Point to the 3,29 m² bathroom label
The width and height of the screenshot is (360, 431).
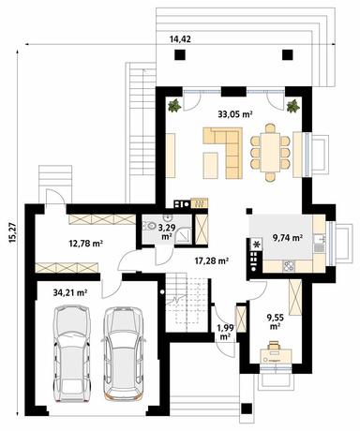[x=166, y=231]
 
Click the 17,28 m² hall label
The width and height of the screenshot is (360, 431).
[x=212, y=261]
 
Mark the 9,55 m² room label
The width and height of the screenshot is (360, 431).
[x=277, y=322]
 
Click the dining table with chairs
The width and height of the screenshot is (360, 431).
[x=273, y=150]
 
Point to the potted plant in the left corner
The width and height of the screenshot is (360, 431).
[x=173, y=106]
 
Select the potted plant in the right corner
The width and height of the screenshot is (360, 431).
[x=293, y=106]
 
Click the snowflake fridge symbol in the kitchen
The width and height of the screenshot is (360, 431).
[x=255, y=246]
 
